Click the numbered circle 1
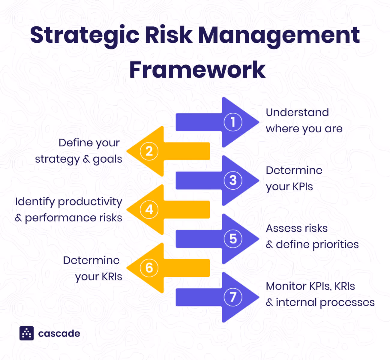tap(233, 122)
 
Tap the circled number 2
tap(149, 151)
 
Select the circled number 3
tap(233, 180)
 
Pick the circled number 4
tap(149, 209)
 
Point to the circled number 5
tap(233, 238)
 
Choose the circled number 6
tap(149, 268)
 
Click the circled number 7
tap(233, 297)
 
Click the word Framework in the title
tap(197, 70)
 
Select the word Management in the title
tap(279, 35)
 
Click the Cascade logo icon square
tap(27, 333)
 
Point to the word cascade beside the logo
tap(59, 333)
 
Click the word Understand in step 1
tap(297, 112)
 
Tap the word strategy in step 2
tap(57, 159)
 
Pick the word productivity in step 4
tap(90, 202)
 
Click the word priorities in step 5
tap(335, 244)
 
